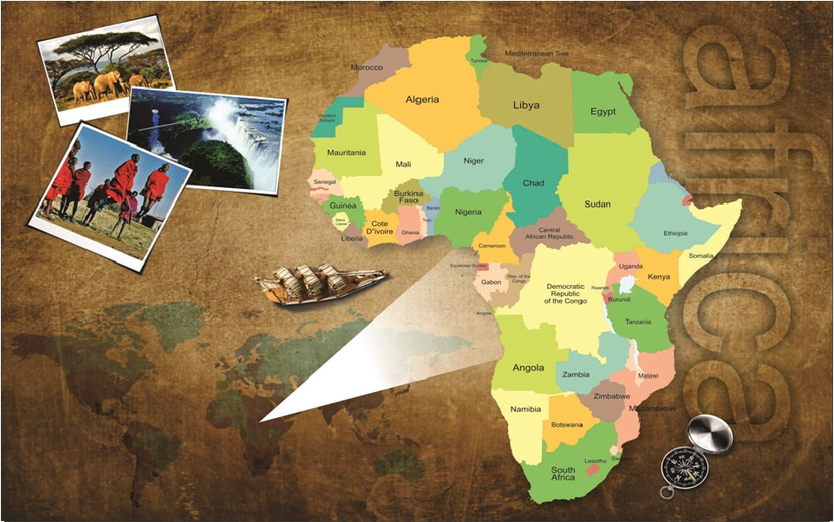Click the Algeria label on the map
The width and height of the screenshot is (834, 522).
(422, 100)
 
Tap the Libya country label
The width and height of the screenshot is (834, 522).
(526, 105)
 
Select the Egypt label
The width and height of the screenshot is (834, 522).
(603, 112)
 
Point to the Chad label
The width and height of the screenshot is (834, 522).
(534, 184)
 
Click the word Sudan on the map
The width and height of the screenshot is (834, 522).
(597, 205)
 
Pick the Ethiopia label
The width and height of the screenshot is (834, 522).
(675, 233)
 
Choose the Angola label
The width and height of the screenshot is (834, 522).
(528, 368)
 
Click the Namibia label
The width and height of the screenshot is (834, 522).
(525, 409)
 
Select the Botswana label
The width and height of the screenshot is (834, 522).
(566, 425)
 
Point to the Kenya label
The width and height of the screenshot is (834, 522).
(659, 277)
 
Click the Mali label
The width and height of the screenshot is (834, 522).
(403, 164)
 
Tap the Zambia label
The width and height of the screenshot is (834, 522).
(577, 375)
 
